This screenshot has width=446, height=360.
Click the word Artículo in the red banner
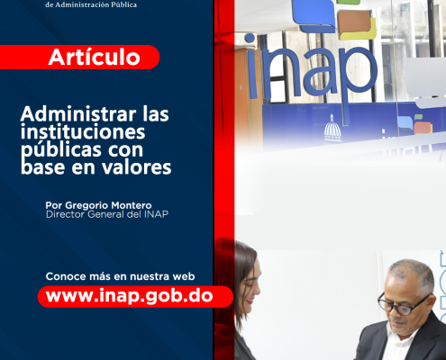(94, 57)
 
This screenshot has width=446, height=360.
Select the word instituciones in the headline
(83, 131)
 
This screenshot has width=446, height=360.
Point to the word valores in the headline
(137, 166)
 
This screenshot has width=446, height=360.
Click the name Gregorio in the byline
(86, 205)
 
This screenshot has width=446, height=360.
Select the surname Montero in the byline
(132, 205)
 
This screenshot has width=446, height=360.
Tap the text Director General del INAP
(107, 214)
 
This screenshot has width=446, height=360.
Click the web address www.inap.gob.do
(130, 296)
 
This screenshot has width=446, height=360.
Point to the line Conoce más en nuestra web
(120, 276)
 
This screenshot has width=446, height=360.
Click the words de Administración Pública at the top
(91, 4)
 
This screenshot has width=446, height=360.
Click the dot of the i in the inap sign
(250, 38)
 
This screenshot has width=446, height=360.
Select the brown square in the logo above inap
(354, 22)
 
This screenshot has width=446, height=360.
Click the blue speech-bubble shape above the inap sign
(313, 15)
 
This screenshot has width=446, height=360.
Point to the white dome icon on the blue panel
(332, 129)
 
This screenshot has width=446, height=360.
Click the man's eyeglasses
(404, 303)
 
